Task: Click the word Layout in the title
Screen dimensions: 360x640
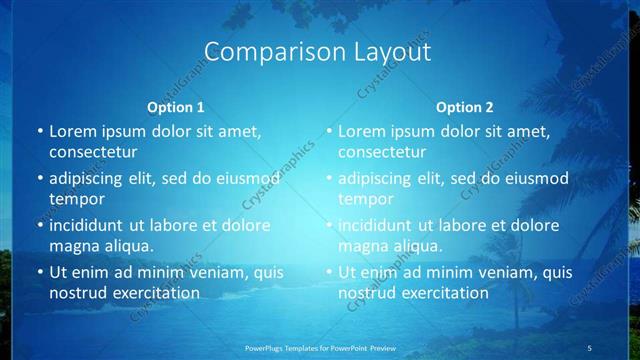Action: coord(389,52)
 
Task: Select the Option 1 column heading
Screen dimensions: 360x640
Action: coord(176,106)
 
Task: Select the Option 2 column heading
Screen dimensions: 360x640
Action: coord(465,106)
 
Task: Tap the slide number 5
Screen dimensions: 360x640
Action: coord(590,347)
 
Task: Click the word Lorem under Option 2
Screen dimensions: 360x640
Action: coord(363,131)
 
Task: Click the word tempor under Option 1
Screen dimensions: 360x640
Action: coord(73,199)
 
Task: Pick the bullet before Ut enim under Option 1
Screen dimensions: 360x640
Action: coord(39,272)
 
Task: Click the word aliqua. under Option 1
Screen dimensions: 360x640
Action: coord(125,246)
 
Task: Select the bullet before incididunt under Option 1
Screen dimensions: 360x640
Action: coord(39,225)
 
